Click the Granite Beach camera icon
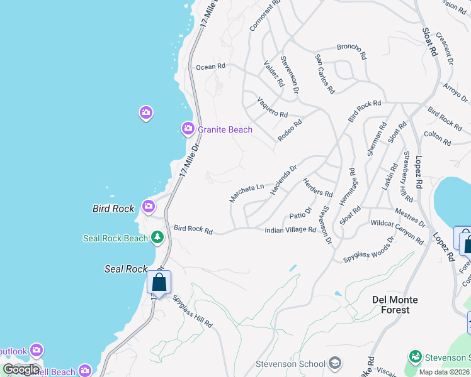point(188,129)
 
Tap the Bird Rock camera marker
point(149,205)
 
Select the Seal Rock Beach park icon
point(157,238)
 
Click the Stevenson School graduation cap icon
point(335,363)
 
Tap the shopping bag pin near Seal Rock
point(159,282)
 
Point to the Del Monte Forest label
point(382,304)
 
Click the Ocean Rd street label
point(210,67)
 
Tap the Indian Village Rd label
point(290,230)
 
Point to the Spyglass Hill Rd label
point(193,312)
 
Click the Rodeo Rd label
point(290,130)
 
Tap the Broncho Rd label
point(352,50)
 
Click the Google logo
point(21,369)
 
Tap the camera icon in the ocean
point(146,112)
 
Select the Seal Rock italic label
point(126,268)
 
